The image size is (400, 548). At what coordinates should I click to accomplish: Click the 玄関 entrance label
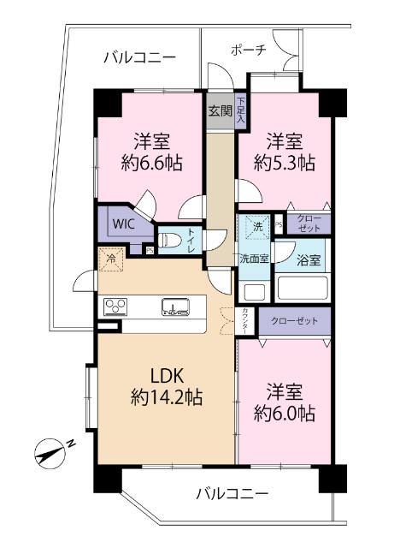click(220, 110)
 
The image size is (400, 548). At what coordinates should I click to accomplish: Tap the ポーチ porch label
click(249, 50)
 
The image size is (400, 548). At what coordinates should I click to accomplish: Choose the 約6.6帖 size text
click(151, 162)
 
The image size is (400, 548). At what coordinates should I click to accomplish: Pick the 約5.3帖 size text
click(286, 162)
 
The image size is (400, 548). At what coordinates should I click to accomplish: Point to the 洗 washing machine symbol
click(255, 227)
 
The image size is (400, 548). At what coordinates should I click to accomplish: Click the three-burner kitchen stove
click(115, 307)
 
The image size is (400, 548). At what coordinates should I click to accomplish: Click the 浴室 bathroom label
click(309, 260)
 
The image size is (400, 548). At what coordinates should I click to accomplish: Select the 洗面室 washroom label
click(253, 259)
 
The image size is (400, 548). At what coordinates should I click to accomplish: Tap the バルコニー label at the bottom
click(232, 494)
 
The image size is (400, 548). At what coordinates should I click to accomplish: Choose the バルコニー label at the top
click(139, 57)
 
